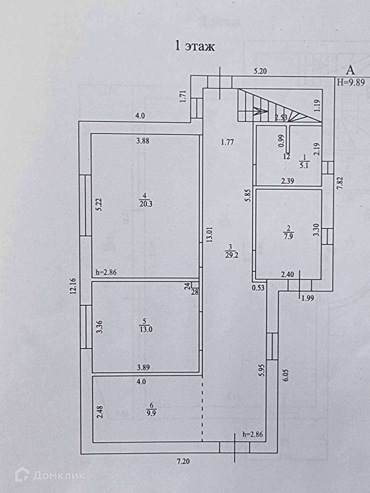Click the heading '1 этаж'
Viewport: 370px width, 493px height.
pos(195,47)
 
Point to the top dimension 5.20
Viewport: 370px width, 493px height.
pos(260,71)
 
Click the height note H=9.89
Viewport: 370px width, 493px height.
pos(351,82)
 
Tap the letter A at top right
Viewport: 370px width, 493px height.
pos(351,70)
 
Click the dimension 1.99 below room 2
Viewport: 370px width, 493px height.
pos(308,298)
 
